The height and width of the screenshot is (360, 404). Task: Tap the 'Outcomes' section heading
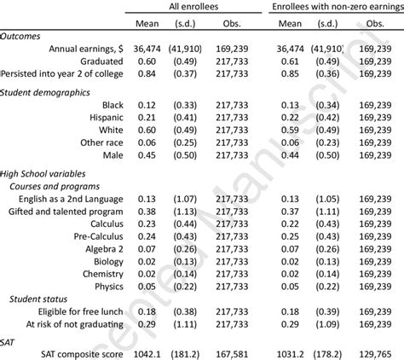click(x=25, y=38)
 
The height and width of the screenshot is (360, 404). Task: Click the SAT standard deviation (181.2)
click(x=188, y=352)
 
